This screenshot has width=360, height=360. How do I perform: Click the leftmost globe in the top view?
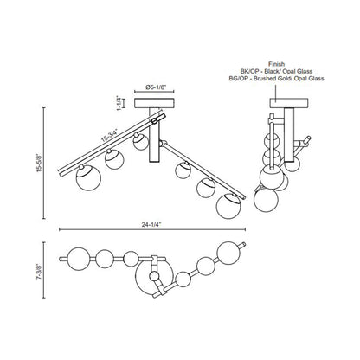click(x=77, y=259)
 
